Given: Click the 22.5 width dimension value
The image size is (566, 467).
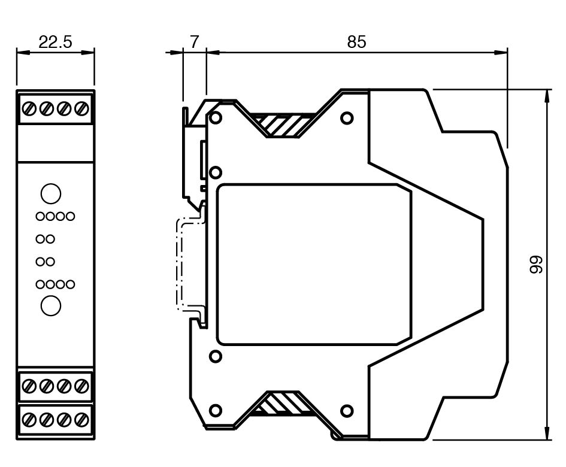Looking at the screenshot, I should point(55,42).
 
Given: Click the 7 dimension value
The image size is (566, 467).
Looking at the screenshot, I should point(194,42).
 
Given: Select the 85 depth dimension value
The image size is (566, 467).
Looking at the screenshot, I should point(356,42).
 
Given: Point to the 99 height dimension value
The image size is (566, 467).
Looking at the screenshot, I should point(536,265).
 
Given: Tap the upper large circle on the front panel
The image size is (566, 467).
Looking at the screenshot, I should point(51,193).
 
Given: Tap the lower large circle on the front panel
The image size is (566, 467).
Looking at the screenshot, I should point(51,305).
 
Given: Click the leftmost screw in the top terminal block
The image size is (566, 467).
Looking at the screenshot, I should point(28,109).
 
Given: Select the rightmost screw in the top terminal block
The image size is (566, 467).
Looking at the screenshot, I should point(83,109).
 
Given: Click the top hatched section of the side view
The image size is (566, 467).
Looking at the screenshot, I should point(282,125).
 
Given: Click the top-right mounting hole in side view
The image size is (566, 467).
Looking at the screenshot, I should point(347,118).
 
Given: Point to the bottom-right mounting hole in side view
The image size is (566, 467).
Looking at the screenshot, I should point(347,411).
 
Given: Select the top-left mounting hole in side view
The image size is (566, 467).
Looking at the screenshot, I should point(216,118).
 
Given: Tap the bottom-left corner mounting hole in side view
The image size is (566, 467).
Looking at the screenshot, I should point(216,411).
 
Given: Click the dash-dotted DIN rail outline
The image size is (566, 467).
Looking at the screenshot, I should point(178,263).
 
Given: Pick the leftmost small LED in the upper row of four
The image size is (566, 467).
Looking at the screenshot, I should point(40,216).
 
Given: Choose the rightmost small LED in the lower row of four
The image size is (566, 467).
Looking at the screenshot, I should point(71,284).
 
